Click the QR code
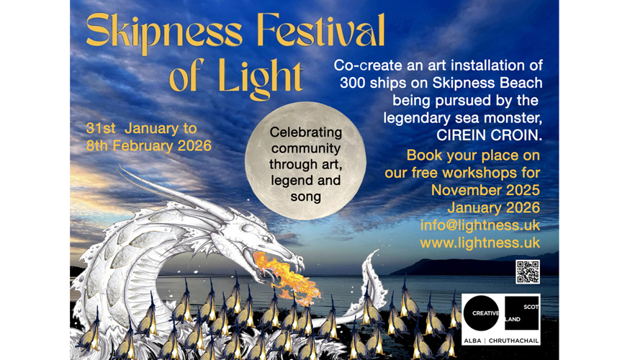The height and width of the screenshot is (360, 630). [527, 271]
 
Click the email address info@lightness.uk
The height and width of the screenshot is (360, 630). [480, 225]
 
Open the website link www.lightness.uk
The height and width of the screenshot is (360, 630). [480, 243]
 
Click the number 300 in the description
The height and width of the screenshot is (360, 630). [353, 82]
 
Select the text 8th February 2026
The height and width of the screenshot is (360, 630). [149, 145]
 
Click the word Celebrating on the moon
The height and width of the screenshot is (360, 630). [305, 133]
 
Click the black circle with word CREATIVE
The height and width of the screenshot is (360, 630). [481, 314]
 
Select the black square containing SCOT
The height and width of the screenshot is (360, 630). [522, 314]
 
